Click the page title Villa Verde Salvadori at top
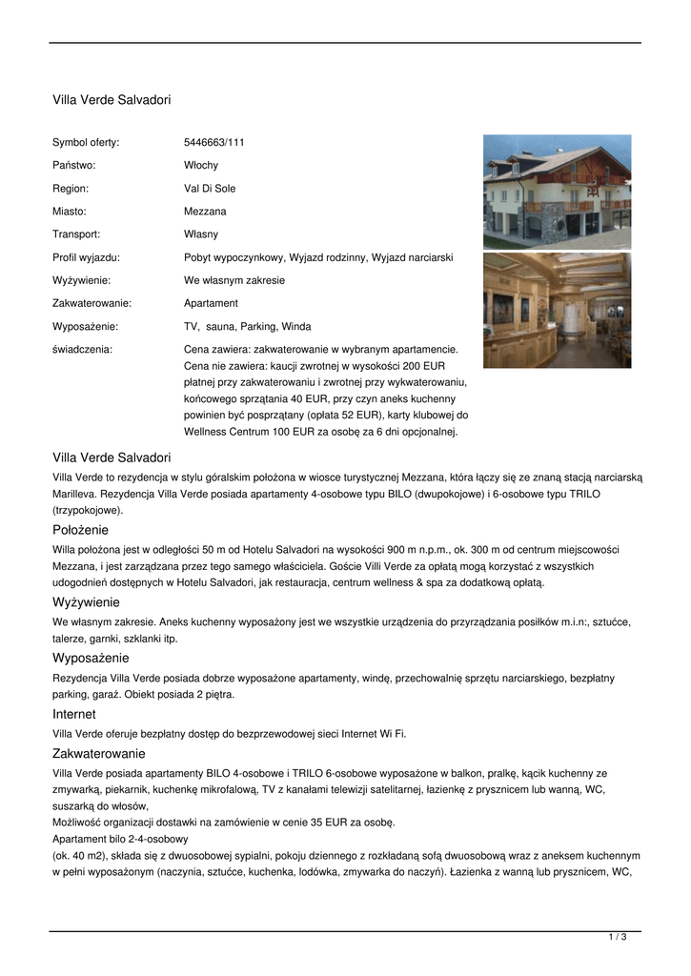point(112,99)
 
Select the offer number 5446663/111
point(213,143)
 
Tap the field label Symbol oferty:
point(86,143)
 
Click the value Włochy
point(200,166)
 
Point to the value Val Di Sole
point(210,189)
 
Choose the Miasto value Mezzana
point(205,212)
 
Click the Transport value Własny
point(200,234)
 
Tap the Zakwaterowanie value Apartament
point(211,303)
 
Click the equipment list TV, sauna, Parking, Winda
point(247,326)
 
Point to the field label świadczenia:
point(82,349)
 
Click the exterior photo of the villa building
point(557,191)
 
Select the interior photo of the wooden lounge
point(557,310)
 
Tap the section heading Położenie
point(81,530)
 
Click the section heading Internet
point(74,714)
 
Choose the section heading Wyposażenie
point(91,659)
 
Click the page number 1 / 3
point(618,938)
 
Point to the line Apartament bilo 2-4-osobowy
point(120,839)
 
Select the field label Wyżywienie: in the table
point(81,280)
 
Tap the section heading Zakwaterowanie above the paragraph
point(99,754)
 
